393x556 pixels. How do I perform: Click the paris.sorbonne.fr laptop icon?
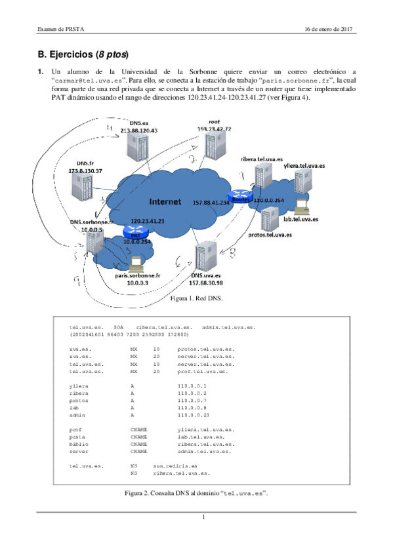[137, 264]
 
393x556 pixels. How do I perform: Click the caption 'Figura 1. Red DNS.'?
[196, 298]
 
